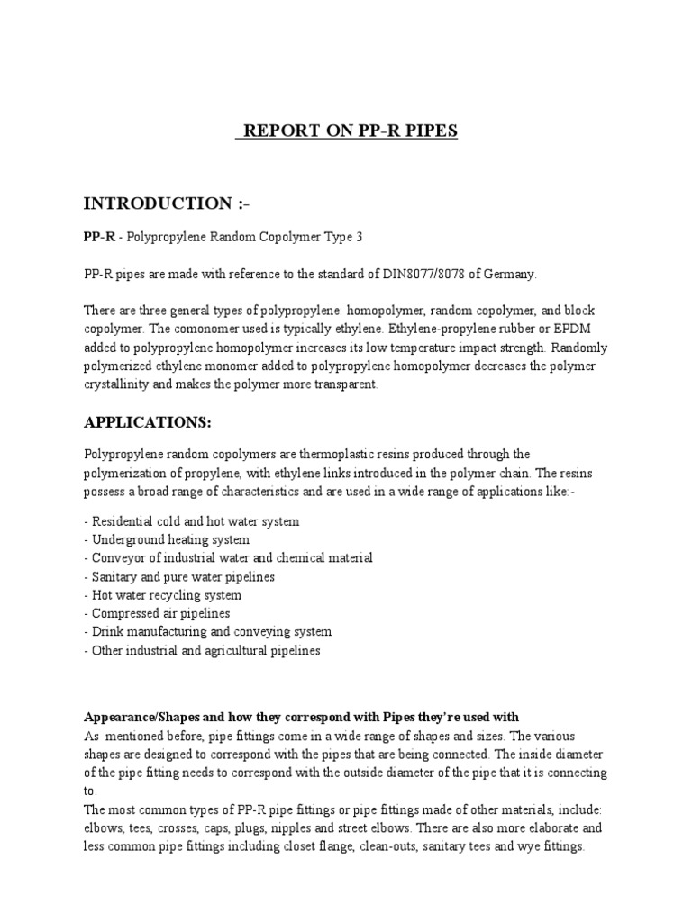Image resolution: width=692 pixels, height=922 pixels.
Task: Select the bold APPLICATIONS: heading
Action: point(147,422)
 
